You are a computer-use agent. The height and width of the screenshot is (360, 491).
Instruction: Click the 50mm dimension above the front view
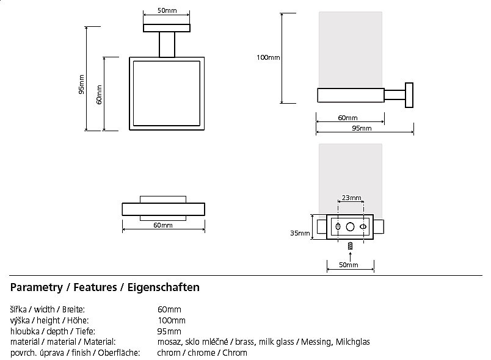162,11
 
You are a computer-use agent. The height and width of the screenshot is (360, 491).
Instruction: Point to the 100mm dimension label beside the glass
268,57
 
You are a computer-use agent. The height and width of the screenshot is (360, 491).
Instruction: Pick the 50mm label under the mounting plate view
349,265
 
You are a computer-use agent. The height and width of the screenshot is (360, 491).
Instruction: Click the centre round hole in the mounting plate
350,226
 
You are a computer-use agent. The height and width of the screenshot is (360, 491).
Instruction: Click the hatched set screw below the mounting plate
351,246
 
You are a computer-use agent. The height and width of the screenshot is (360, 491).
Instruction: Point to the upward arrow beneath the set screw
351,254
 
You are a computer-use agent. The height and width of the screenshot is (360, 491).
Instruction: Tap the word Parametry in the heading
36,287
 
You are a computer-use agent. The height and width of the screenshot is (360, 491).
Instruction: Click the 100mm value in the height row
171,320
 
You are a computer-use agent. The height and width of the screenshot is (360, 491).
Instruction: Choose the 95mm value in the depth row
169,331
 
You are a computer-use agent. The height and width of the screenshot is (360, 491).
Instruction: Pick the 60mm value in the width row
169,309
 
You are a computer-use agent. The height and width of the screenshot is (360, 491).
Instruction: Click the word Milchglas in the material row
352,342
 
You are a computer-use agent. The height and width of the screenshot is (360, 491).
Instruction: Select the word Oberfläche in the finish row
122,353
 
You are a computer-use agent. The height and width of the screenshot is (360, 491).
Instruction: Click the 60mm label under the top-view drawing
162,225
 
